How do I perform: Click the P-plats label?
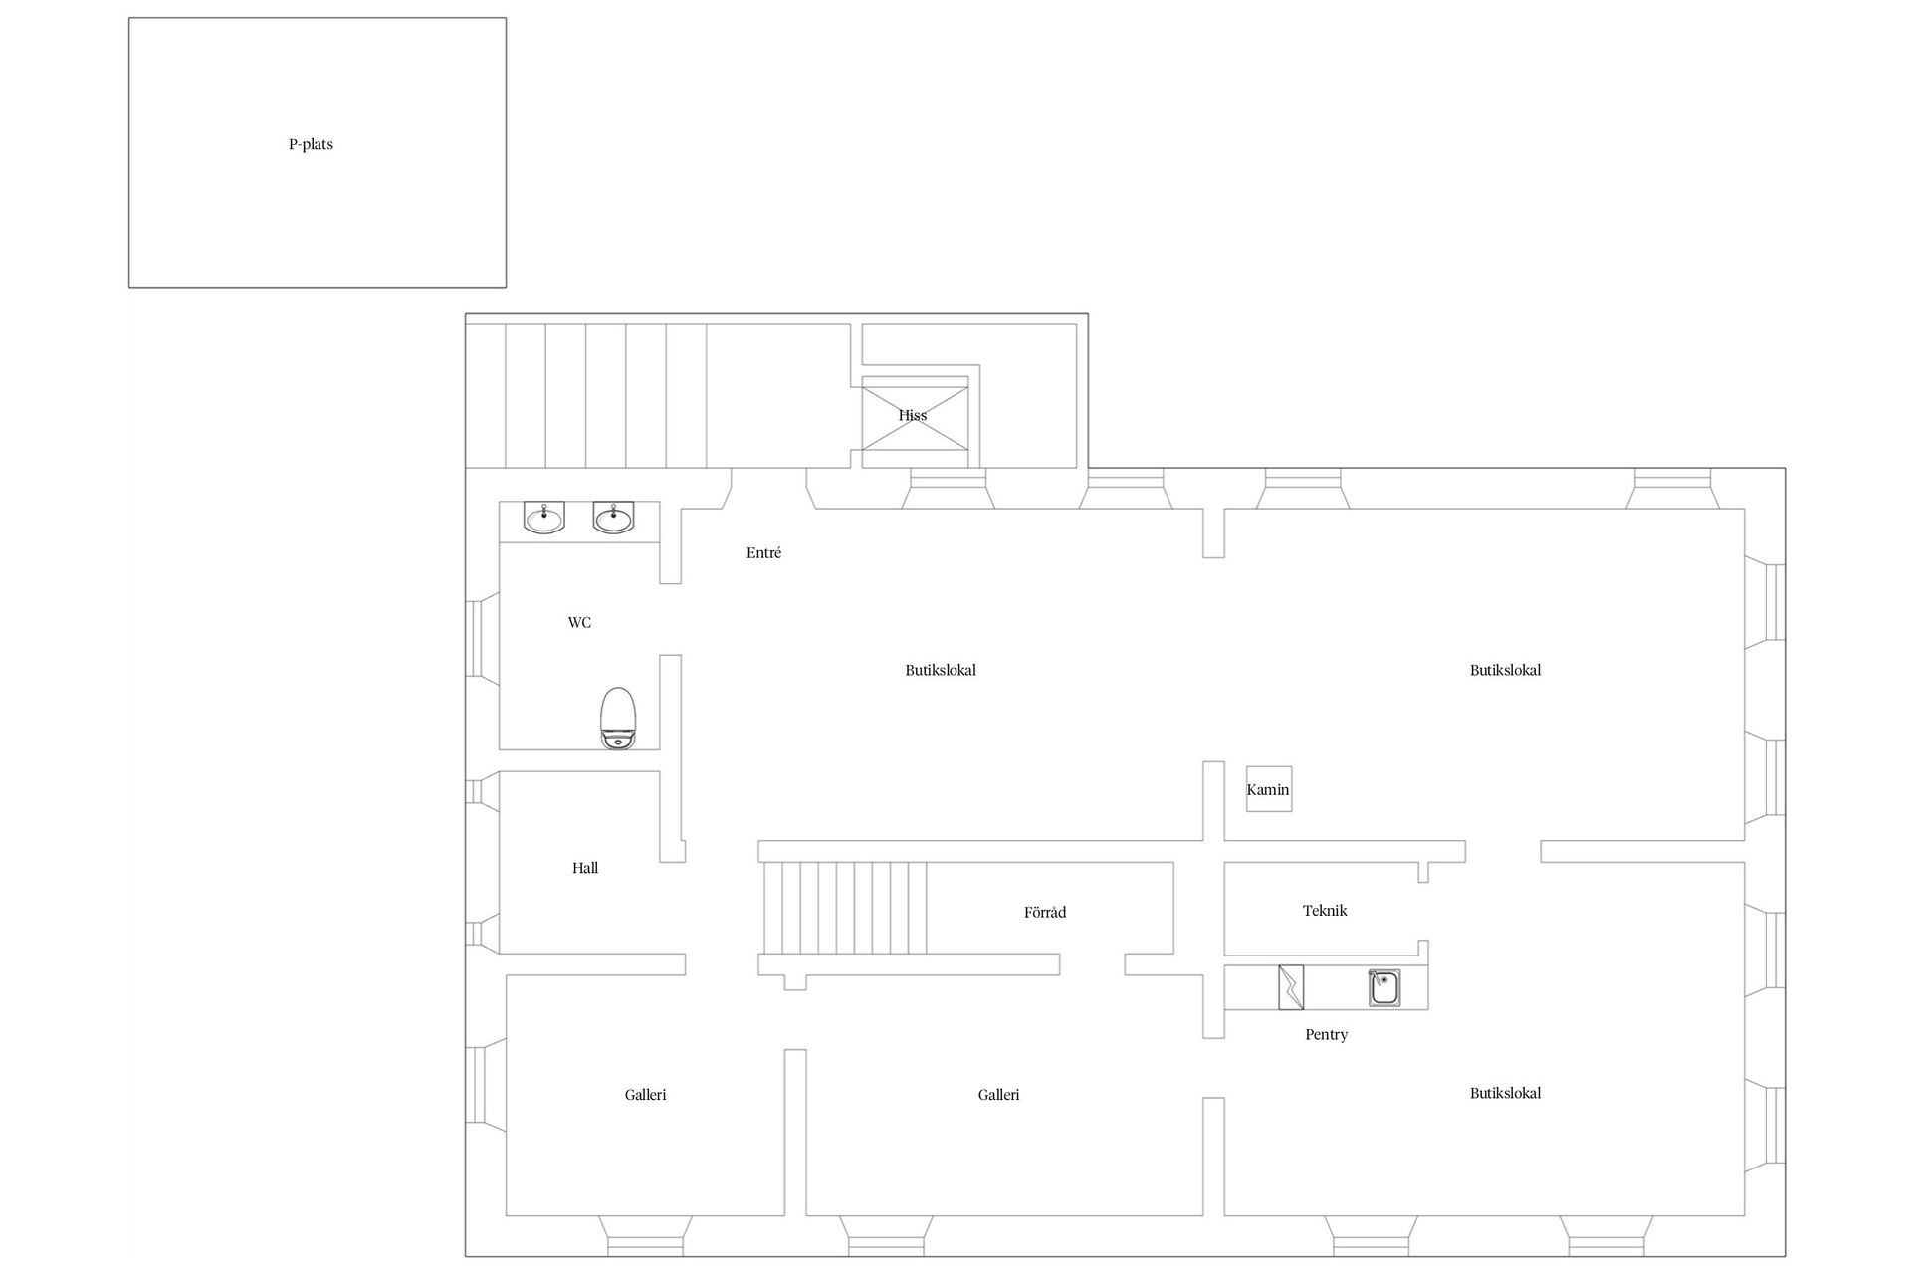click(x=311, y=144)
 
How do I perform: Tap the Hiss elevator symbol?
click(x=915, y=415)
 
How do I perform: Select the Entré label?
click(x=763, y=553)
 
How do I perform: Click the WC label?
click(x=579, y=623)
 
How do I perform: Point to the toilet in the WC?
click(x=618, y=718)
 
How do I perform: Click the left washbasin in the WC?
click(x=544, y=518)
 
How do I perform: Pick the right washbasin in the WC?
click(x=613, y=518)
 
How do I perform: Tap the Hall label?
click(x=585, y=868)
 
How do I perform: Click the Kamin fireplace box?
click(x=1269, y=789)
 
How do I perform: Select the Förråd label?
click(x=1045, y=912)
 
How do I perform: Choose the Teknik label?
click(x=1325, y=910)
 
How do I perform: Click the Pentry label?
click(x=1326, y=1035)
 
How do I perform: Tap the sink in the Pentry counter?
click(x=1384, y=987)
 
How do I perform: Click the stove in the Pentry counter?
click(x=1291, y=987)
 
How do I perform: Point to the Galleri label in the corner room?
click(x=645, y=1095)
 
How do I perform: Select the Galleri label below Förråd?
click(x=998, y=1095)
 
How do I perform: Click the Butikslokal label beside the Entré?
click(x=941, y=670)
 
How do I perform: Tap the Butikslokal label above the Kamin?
click(x=1505, y=670)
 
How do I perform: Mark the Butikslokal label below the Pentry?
click(x=1505, y=1093)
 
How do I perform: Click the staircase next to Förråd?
click(x=845, y=908)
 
